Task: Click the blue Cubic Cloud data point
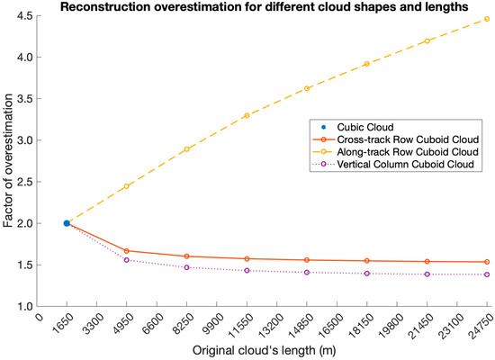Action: click(67, 223)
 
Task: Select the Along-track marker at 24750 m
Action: click(487, 19)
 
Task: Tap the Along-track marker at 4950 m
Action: click(127, 186)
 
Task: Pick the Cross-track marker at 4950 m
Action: click(127, 251)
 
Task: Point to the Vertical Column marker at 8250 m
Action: click(186, 267)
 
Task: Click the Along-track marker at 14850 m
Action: click(307, 88)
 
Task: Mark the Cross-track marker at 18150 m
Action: click(367, 261)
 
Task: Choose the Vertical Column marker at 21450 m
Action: click(427, 274)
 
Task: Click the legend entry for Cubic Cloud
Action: click(365, 127)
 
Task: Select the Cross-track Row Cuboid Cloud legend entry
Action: click(408, 139)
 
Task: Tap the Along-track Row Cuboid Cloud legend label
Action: click(408, 152)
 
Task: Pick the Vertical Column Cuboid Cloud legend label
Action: click(405, 164)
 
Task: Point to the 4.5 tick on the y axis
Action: click(26, 16)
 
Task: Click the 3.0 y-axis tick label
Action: click(26, 140)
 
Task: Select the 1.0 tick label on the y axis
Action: click(26, 306)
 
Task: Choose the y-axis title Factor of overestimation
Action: click(8, 160)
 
